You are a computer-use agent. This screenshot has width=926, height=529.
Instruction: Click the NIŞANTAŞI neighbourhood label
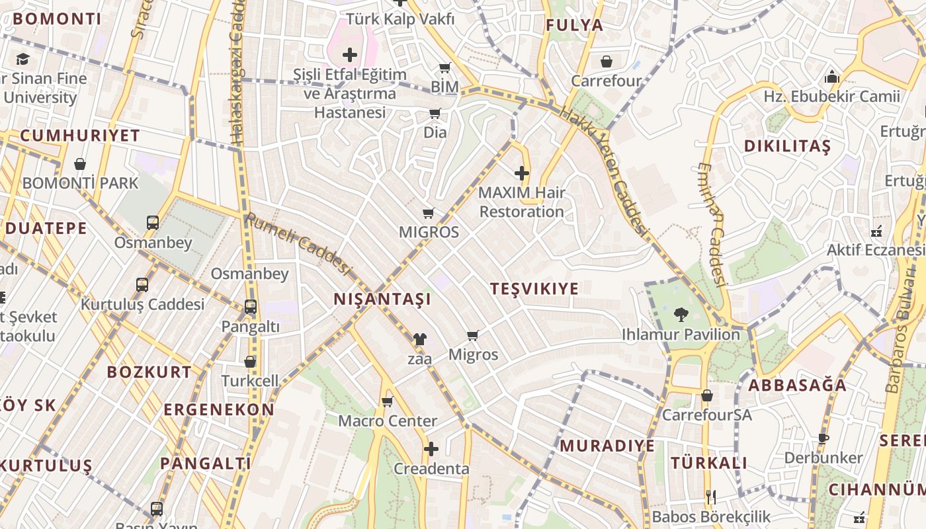point(382,299)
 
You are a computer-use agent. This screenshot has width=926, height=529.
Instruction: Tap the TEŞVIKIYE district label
point(534,288)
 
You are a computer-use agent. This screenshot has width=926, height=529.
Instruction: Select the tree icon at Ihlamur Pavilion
point(681,315)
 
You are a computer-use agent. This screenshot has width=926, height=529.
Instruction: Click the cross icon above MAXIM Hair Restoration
point(522,174)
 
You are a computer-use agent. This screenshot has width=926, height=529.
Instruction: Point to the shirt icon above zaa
point(419,339)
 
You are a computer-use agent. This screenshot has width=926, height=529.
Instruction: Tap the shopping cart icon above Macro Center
point(388,401)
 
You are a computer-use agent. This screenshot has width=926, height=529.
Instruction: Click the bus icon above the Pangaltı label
point(251,307)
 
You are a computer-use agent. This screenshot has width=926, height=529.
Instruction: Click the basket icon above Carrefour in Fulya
point(607,62)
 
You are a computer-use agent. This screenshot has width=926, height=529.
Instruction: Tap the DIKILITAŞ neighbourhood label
point(787,146)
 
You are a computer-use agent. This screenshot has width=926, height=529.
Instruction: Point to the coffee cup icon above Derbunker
point(823,438)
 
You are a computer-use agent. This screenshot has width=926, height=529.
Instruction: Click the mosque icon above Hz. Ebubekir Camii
point(832,77)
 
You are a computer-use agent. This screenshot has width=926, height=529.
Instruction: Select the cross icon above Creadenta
point(431,450)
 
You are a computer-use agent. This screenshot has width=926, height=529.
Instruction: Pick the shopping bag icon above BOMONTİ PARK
point(80,163)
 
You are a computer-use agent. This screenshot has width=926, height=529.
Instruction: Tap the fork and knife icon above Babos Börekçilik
point(711,497)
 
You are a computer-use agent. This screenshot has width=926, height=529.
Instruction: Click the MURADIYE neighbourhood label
point(607,446)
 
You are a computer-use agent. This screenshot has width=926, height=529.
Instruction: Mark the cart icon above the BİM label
point(444,67)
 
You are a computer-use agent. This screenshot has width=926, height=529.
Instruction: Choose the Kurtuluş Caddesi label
point(143,305)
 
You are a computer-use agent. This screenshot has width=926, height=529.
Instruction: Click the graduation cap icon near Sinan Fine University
point(22,60)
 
